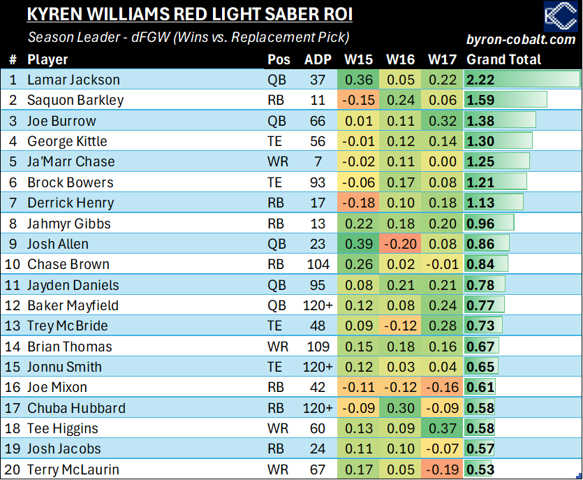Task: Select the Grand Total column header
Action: pyautogui.click(x=503, y=59)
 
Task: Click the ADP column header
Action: pyautogui.click(x=318, y=59)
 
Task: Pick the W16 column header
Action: pyautogui.click(x=401, y=59)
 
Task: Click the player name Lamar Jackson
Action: pyautogui.click(x=73, y=80)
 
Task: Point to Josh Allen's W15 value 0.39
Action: pyautogui.click(x=358, y=244)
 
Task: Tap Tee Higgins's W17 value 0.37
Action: pyautogui.click(x=442, y=428)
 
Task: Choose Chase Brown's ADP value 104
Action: pyautogui.click(x=318, y=264)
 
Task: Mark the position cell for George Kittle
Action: pyautogui.click(x=276, y=141)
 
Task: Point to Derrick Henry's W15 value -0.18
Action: pyautogui.click(x=358, y=203)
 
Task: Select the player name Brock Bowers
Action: pyautogui.click(x=70, y=182)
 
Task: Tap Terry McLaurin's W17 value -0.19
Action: pyautogui.click(x=442, y=470)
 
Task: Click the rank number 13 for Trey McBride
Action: pyautogui.click(x=13, y=326)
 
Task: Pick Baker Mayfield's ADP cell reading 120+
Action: pyautogui.click(x=318, y=305)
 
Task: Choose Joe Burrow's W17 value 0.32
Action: pyautogui.click(x=442, y=121)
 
